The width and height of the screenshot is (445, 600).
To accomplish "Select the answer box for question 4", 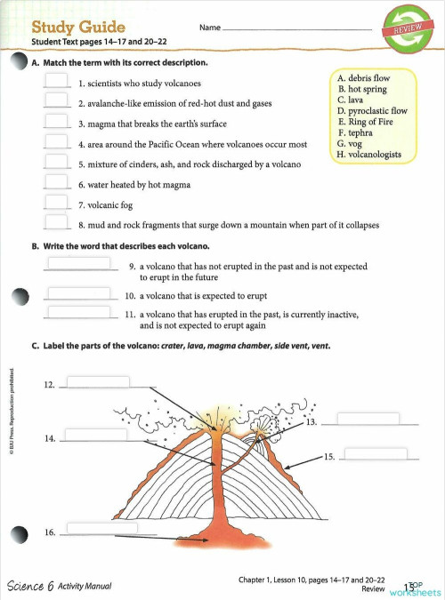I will pos(57,141).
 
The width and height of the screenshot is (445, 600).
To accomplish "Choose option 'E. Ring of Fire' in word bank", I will pos(366,122).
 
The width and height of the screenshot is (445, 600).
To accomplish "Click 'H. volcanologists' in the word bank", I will pos(368,154).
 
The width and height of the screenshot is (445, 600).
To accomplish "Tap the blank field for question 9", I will pos(79,263).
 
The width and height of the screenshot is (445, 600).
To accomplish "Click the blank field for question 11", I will pos(79,312).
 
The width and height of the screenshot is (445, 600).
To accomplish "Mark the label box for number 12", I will pos(97,383).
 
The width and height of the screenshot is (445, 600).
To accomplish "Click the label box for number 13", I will pos(368,419).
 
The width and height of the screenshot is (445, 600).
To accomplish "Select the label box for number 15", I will pos(375,453).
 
